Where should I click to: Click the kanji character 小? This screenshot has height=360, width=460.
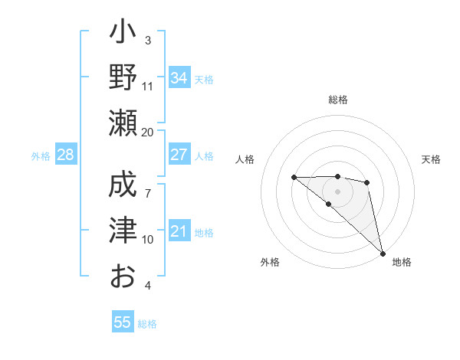123,35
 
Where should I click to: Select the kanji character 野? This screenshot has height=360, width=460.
123,78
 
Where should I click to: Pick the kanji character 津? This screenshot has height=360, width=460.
123,230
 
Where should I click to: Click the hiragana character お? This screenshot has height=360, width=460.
123,274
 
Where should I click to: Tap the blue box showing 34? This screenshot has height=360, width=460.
179,78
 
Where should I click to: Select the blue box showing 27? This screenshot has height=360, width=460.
179,155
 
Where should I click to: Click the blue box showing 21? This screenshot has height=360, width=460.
179,231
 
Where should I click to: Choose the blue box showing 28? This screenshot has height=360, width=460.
66,155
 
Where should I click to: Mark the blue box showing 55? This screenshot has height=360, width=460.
123,322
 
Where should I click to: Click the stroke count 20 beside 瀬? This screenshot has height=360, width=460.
148,132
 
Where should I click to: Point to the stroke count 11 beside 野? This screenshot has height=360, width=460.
148,86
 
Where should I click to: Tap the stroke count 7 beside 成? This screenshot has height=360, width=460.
148,185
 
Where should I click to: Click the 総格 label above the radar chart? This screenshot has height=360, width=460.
338,100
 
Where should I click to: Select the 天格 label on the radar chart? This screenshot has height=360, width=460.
432,159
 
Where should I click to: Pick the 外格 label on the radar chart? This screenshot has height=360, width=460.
270,262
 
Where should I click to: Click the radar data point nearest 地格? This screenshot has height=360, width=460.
383,253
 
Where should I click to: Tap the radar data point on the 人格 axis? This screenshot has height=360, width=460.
294,178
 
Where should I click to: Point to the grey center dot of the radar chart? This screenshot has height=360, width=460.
337,191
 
